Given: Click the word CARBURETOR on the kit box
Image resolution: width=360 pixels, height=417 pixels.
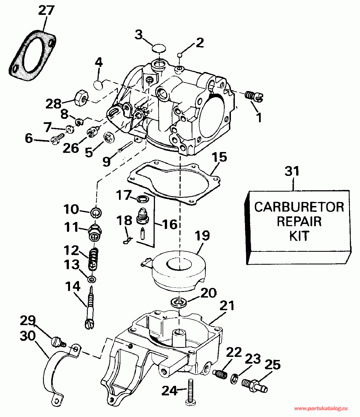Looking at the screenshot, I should (299, 207).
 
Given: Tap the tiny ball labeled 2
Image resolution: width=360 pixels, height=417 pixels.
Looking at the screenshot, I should (180, 55).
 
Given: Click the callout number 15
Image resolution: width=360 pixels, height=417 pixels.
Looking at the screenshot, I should (219, 158).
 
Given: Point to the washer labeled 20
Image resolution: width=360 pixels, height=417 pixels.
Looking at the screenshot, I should (179, 303).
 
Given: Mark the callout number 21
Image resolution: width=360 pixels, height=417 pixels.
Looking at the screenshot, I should (227, 306).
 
